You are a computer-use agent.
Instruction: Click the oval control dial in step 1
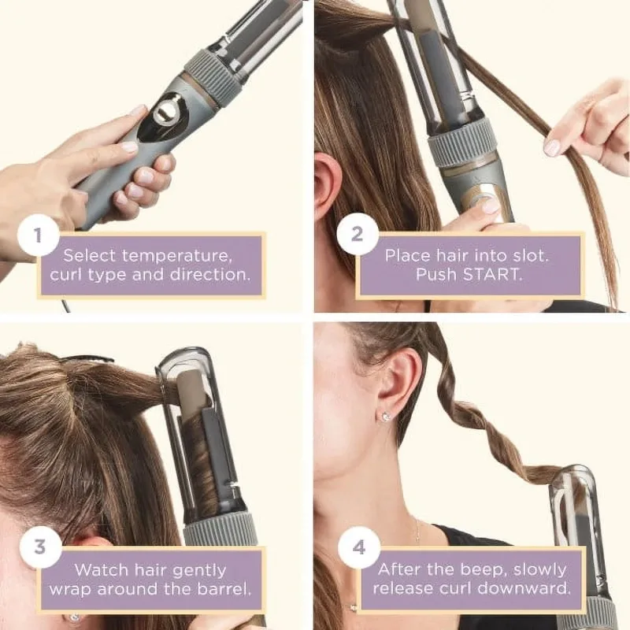[167, 111]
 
